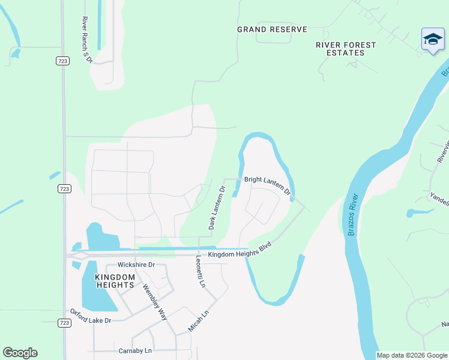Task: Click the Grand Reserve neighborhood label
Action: [x=272, y=29]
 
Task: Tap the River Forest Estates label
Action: [x=346, y=49]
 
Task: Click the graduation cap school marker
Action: [x=432, y=40]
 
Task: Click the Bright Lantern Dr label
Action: [x=267, y=185]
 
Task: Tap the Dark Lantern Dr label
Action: [x=216, y=208]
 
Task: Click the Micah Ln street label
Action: [x=197, y=321]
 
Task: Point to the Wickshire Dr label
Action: [x=136, y=265]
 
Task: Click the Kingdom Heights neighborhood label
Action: [x=114, y=280]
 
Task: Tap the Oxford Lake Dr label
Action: [x=91, y=316]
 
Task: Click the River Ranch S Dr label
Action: [x=86, y=40]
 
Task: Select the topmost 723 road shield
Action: [x=64, y=61]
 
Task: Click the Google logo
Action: [x=20, y=353]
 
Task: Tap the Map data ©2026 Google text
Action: [x=412, y=355]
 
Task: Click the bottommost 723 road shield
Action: [x=64, y=323]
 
